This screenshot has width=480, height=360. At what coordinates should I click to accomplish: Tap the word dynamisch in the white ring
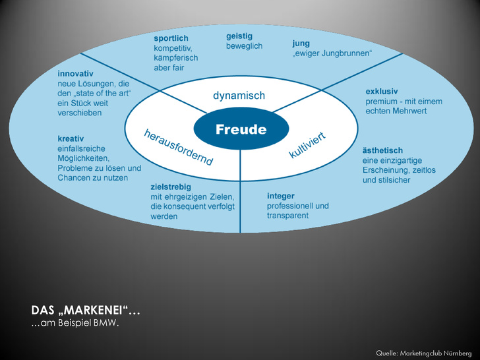(x=239, y=96)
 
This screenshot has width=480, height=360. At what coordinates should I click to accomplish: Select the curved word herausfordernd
(x=178, y=147)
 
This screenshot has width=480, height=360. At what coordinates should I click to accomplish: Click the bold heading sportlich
(x=171, y=39)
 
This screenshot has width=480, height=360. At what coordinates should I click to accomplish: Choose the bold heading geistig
(x=239, y=36)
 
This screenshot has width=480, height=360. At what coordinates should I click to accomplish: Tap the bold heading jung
(x=301, y=44)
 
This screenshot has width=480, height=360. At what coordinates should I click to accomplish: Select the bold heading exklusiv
(x=382, y=92)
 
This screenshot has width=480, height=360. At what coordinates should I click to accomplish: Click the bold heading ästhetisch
(x=382, y=150)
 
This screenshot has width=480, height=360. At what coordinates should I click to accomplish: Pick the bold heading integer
(x=281, y=196)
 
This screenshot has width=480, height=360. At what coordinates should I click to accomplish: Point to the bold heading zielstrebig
(x=171, y=187)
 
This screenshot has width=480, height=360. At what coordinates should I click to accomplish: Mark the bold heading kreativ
(x=73, y=139)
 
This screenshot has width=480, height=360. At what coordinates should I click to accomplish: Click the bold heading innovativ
(x=75, y=73)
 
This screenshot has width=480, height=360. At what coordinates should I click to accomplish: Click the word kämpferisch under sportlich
(x=175, y=58)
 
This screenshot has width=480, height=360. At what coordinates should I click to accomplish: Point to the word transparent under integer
(x=287, y=216)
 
